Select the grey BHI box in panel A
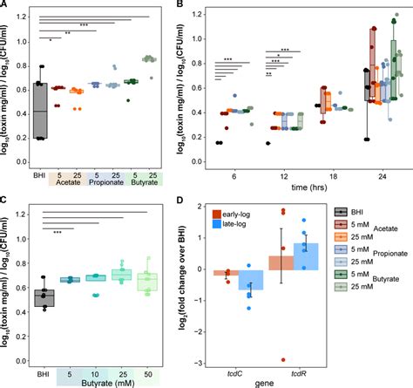(39, 110)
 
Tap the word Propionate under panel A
(105, 185)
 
